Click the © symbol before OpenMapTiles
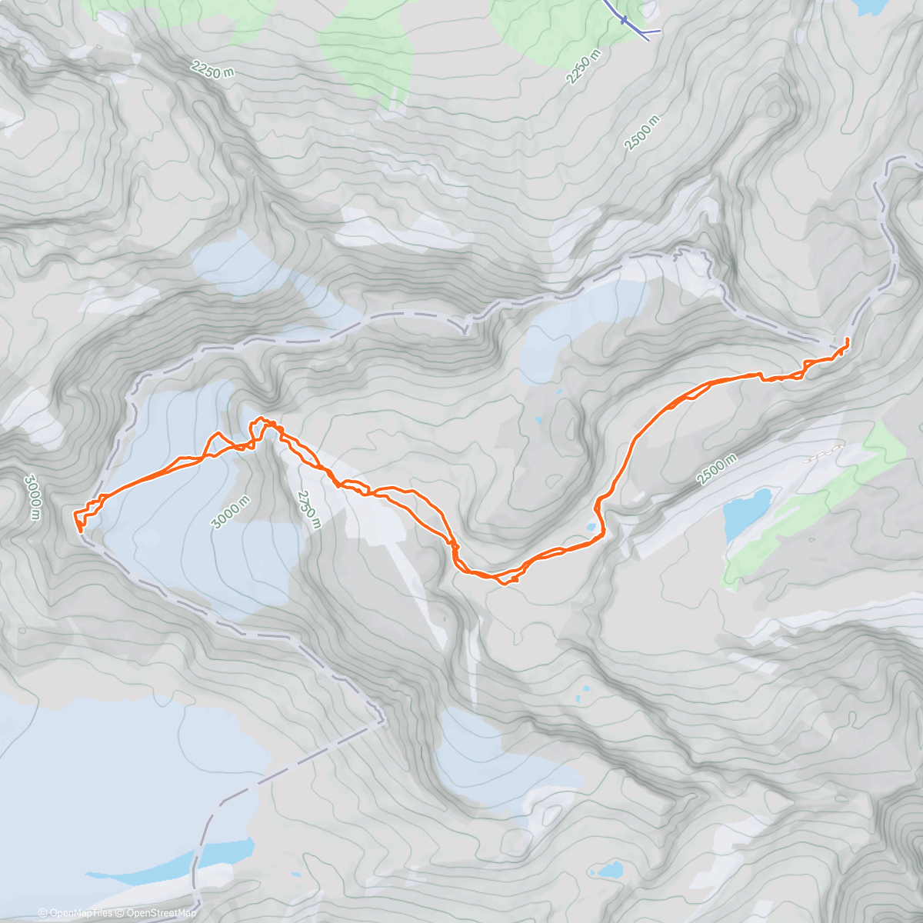tap(43, 913)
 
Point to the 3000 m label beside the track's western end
tap(32, 497)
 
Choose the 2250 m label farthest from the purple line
tap(212, 71)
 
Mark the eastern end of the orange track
tap(847, 339)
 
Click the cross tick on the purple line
tap(625, 19)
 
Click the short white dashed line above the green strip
tap(824, 453)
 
